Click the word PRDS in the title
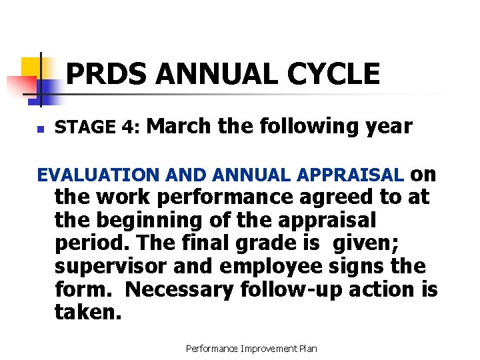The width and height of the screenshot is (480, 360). click(107, 74)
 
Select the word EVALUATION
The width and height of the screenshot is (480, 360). click(96, 175)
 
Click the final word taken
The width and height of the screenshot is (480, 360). click(88, 312)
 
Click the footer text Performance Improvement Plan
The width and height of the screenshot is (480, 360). click(251, 348)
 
